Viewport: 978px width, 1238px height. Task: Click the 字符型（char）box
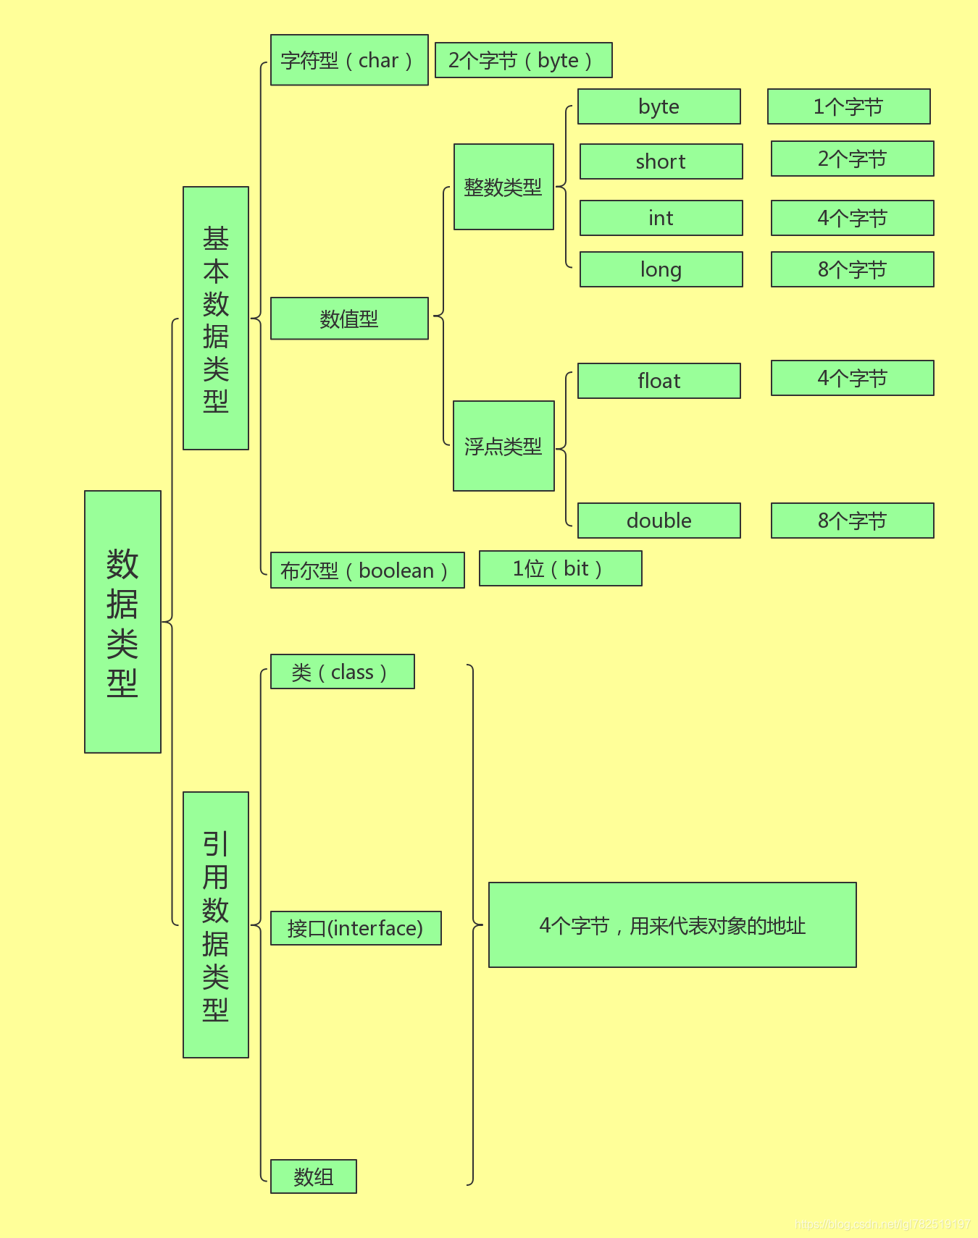point(349,60)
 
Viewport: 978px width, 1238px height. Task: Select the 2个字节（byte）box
point(523,60)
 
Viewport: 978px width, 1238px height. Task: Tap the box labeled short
point(661,161)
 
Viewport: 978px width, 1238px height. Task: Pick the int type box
point(661,218)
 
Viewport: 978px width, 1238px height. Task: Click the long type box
point(661,269)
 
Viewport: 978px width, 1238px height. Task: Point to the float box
point(659,381)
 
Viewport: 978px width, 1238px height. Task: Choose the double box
point(659,521)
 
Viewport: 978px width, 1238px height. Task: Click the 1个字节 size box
point(848,106)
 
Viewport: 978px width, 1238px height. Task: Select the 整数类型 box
point(503,187)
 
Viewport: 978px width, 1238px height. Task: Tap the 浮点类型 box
point(503,446)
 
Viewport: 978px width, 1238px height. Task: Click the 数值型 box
point(349,319)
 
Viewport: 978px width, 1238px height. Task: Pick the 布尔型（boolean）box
point(367,570)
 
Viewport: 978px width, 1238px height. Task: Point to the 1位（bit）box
point(560,568)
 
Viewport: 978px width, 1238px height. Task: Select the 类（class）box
point(342,672)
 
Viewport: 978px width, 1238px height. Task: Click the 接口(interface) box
point(356,928)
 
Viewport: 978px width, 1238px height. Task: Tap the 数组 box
point(313,1176)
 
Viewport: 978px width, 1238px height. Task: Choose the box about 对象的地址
point(672,925)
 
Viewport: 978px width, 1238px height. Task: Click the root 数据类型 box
point(122,622)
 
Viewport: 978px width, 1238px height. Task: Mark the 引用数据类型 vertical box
point(216,925)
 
